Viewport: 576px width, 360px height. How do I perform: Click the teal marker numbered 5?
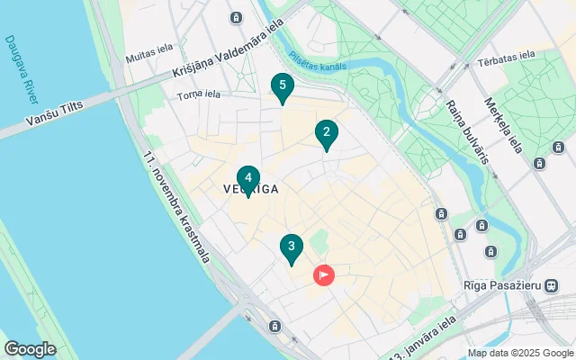283,87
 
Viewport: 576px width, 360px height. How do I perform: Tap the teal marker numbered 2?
326,134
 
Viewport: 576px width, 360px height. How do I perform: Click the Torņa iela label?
199,94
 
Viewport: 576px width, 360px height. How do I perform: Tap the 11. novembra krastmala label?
175,206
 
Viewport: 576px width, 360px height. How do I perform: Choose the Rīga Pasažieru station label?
501,285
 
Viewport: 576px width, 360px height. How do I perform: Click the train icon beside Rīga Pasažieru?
551,285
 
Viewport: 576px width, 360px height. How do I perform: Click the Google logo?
30,349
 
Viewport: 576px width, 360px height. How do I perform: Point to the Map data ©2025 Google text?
521,353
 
